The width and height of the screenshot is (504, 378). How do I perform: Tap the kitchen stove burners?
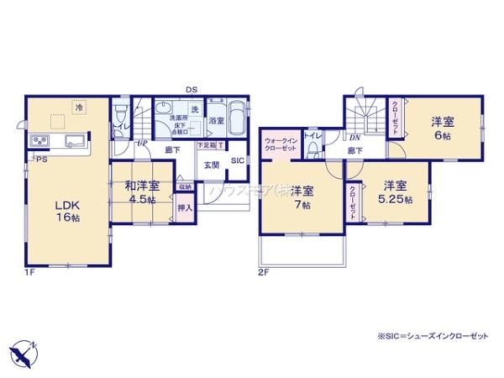[x=39, y=141]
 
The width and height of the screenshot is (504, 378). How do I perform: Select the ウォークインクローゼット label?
[x=280, y=144]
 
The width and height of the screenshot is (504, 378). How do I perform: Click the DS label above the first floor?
[x=192, y=89]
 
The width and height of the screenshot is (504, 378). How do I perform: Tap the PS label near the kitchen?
[x=40, y=159]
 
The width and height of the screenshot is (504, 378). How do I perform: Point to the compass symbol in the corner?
[x=24, y=350]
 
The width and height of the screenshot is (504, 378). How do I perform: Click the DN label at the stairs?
[x=355, y=137]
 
